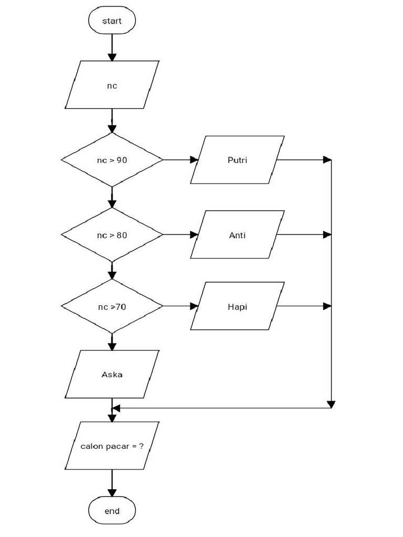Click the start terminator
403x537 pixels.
point(112,21)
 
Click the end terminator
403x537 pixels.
point(112,511)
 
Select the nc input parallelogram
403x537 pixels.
point(112,85)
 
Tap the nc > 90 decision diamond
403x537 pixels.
point(112,159)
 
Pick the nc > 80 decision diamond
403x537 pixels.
point(112,235)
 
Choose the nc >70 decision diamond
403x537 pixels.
point(112,306)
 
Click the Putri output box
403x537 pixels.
point(237,159)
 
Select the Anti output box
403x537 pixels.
point(237,235)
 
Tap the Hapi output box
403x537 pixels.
point(237,306)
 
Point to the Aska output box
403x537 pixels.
point(112,374)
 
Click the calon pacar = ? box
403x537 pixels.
point(112,446)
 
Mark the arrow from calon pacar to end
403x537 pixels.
point(112,483)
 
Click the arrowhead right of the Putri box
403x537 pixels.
point(327,159)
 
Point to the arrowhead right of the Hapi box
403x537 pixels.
point(327,306)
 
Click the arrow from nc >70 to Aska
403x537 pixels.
point(112,342)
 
